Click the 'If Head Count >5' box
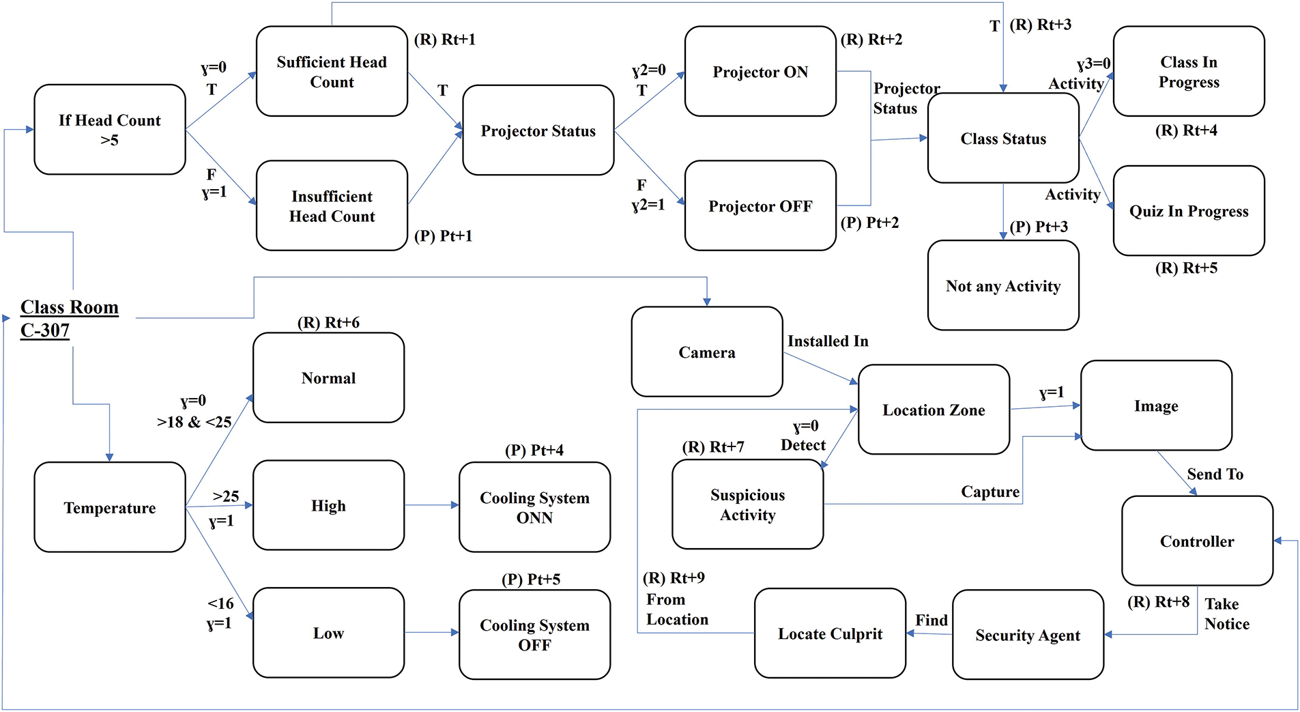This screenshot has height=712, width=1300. (x=110, y=130)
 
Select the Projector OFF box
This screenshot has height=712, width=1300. (x=760, y=205)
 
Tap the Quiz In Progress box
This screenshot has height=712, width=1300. (x=1189, y=211)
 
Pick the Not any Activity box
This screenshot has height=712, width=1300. (x=1003, y=285)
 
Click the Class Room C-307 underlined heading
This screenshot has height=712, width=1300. (x=70, y=318)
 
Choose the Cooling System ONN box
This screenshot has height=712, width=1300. (x=534, y=507)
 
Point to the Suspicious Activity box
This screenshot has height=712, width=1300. (x=748, y=504)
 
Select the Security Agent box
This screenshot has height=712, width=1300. (x=1028, y=635)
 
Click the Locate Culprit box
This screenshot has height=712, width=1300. (x=830, y=633)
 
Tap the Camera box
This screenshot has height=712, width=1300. (x=707, y=352)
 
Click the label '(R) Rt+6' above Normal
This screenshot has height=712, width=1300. (x=328, y=322)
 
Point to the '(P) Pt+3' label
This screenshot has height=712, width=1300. (x=1039, y=227)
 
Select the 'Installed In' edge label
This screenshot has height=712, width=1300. (x=828, y=341)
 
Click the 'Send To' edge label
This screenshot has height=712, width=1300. (x=1215, y=474)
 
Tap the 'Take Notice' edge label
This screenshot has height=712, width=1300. (x=1227, y=614)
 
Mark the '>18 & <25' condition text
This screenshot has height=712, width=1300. (x=194, y=422)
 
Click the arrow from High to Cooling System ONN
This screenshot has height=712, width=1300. (x=432, y=505)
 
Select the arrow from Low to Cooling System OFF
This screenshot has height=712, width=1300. (x=432, y=632)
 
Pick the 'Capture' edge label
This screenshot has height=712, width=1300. (x=990, y=492)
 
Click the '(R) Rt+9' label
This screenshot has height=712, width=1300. (x=674, y=578)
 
